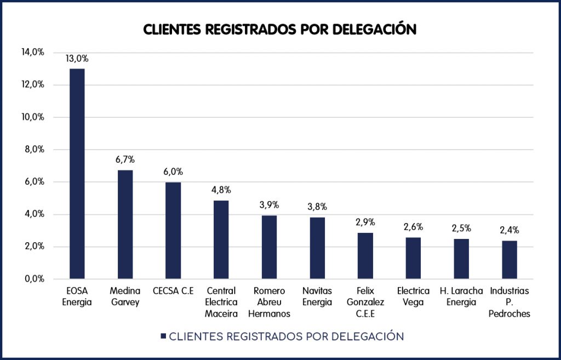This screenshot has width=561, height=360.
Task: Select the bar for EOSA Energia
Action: tap(77, 174)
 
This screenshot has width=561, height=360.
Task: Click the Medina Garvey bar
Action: tap(125, 225)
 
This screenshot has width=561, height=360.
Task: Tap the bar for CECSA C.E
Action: tap(174, 231)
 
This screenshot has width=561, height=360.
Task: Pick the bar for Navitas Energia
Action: tap(317, 248)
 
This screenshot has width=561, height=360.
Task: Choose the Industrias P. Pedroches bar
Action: tap(510, 260)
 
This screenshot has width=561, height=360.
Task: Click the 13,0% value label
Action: tap(77, 59)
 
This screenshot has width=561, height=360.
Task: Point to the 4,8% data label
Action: tap(221, 190)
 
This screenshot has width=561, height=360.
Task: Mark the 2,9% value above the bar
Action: tap(365, 222)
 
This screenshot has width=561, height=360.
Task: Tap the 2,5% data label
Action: tap(461, 228)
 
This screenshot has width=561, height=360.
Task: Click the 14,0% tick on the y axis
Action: tap(32, 53)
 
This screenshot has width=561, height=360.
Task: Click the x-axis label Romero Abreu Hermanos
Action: tap(269, 302)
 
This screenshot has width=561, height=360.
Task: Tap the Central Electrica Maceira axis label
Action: tap(221, 302)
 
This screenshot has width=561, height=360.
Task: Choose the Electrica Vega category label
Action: tap(414, 296)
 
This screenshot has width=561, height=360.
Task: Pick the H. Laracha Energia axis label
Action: tap(461, 296)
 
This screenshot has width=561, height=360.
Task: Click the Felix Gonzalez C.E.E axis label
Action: tap(365, 302)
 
